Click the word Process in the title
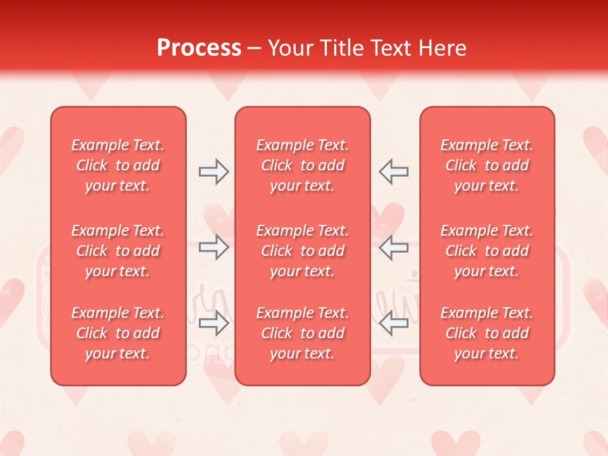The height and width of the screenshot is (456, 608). [199, 48]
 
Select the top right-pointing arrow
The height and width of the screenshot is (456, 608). [213, 172]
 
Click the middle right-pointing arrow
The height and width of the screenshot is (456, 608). [213, 247]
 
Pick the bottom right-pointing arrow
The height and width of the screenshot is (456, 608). [213, 323]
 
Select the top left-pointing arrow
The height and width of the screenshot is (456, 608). [394, 172]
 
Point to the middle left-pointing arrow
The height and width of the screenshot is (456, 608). [394, 247]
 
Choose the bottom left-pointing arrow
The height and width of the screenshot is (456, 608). [394, 323]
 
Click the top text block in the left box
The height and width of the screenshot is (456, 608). [118, 165]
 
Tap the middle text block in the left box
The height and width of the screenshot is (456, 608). [118, 251]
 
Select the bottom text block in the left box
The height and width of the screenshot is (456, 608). [118, 333]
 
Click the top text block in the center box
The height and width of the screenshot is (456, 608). [303, 165]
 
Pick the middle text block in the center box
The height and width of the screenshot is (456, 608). [303, 251]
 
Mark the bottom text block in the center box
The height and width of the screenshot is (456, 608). [303, 333]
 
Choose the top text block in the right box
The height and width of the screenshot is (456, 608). [487, 165]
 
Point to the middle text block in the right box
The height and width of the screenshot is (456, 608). [487, 251]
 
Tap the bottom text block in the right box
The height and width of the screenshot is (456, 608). [487, 333]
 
